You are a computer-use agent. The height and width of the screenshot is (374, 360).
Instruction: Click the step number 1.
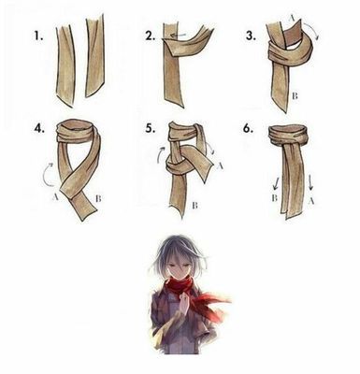pos(38,36)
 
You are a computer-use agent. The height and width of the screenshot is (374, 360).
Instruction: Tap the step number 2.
pos(150,36)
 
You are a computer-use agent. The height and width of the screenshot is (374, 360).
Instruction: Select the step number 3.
pos(251,36)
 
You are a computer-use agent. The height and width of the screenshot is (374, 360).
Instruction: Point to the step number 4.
pos(39,128)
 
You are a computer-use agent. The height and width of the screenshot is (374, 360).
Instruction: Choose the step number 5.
pos(151,128)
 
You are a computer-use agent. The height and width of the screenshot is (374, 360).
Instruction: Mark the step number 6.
pos(248,128)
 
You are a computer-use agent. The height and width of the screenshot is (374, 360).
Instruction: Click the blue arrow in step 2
pos(178,36)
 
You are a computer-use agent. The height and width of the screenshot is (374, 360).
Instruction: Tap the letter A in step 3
pos(292,19)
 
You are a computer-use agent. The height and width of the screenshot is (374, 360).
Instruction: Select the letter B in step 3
pos(295,96)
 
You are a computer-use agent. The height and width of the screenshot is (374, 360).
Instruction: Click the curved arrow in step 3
pos(312,29)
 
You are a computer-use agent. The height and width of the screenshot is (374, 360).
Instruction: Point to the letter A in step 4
pos(56,196)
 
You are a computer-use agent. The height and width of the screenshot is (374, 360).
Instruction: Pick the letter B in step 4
pos(98,198)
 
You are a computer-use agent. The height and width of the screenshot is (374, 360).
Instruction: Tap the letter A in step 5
pos(220,166)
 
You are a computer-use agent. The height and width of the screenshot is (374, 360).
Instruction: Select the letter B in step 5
pos(195,205)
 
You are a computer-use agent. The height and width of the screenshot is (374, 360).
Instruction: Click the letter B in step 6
pos(275,197)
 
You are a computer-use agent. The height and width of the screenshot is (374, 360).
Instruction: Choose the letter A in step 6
pos(310,201)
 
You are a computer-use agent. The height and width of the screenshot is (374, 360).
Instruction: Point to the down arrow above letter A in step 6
pos(310,183)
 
